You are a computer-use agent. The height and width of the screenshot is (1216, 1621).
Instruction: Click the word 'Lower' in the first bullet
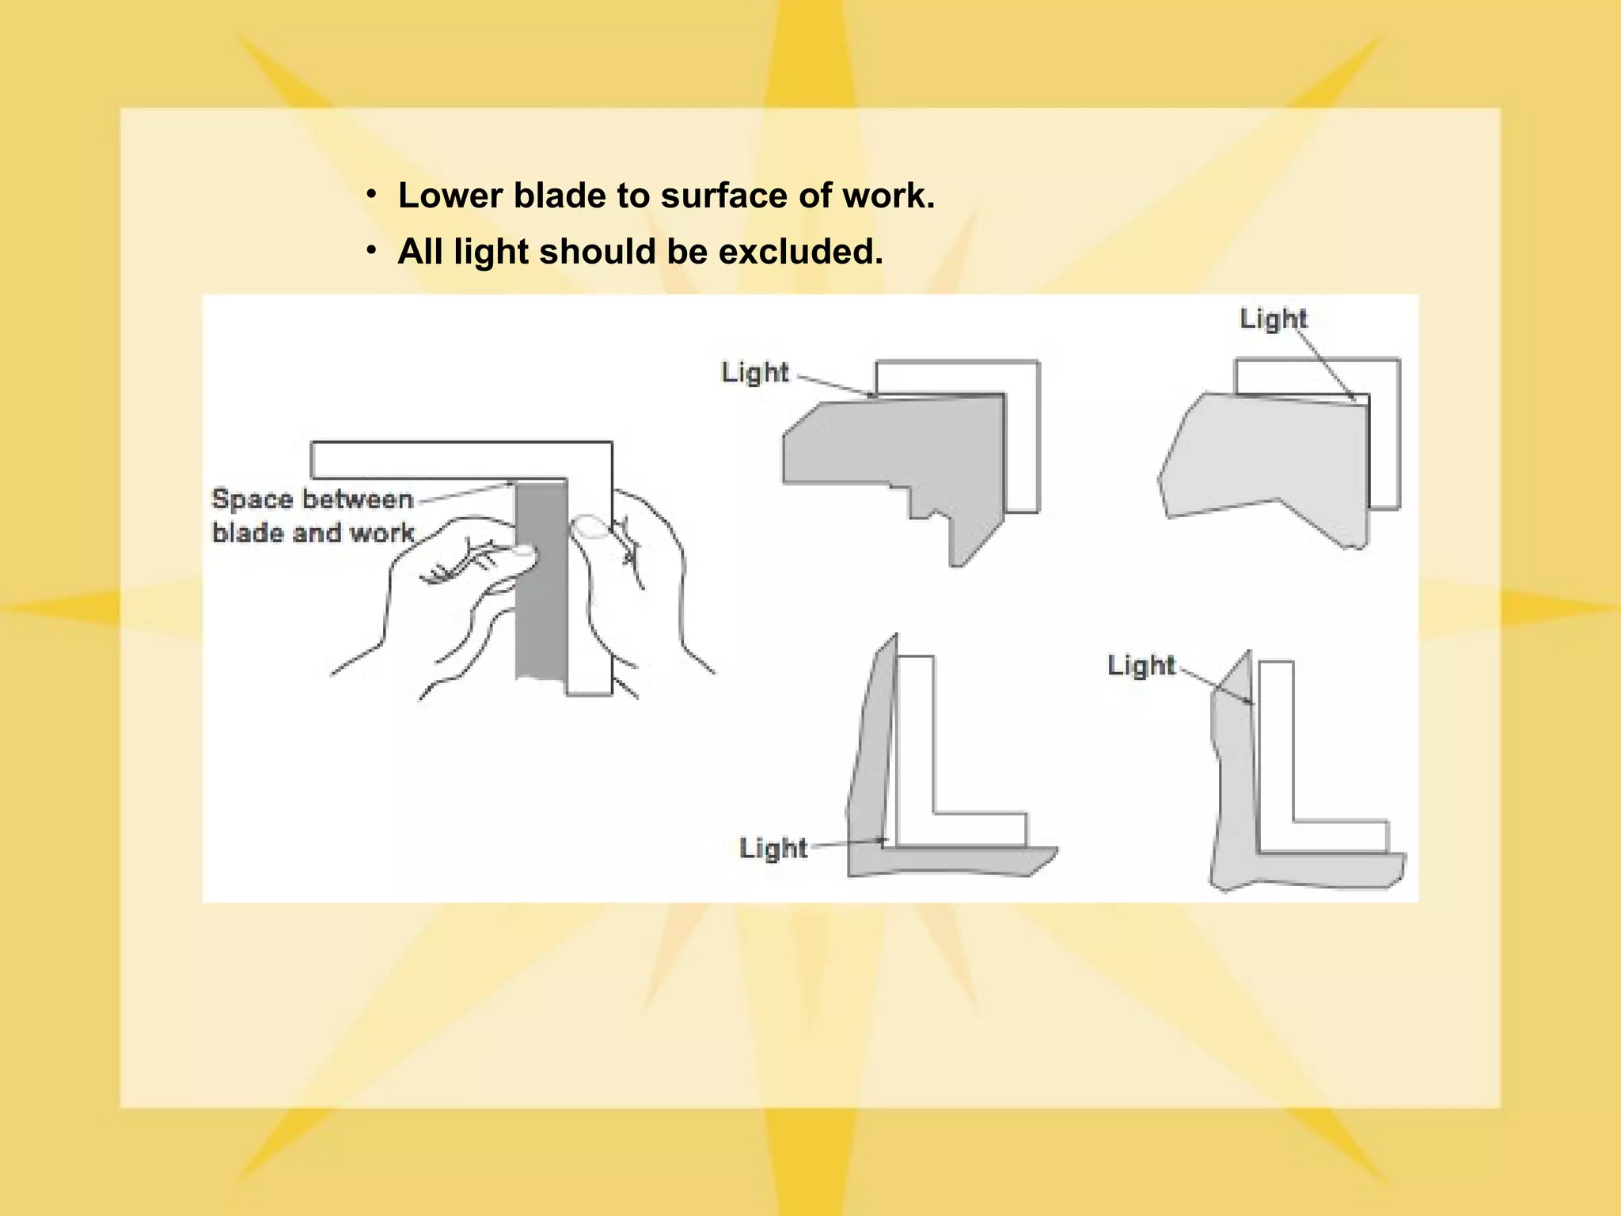pyautogui.click(x=450, y=196)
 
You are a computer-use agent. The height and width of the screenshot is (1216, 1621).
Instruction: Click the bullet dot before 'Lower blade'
pyautogui.click(x=371, y=194)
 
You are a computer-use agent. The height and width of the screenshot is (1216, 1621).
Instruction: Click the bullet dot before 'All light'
pyautogui.click(x=371, y=250)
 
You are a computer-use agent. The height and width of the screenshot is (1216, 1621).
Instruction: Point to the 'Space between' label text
pyautogui.click(x=313, y=499)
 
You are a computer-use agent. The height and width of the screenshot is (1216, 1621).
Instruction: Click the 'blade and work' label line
pyautogui.click(x=313, y=533)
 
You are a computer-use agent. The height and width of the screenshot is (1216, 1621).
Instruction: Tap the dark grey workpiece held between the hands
pyautogui.click(x=541, y=602)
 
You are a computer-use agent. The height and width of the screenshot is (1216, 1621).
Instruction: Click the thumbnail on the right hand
pyautogui.click(x=589, y=526)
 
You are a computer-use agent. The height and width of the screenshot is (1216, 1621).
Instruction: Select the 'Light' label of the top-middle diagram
pyautogui.click(x=754, y=372)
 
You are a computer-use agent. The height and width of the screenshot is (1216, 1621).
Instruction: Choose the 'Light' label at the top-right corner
pyautogui.click(x=1273, y=318)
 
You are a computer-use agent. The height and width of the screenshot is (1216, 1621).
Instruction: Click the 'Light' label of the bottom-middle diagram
pyautogui.click(x=773, y=848)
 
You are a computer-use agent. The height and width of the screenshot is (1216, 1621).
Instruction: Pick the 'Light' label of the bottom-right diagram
pyautogui.click(x=1141, y=665)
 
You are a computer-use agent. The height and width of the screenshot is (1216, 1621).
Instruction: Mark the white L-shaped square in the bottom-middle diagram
pyautogui.click(x=916, y=752)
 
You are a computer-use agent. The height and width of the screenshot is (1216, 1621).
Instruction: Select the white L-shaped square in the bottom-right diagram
pyautogui.click(x=1276, y=760)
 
